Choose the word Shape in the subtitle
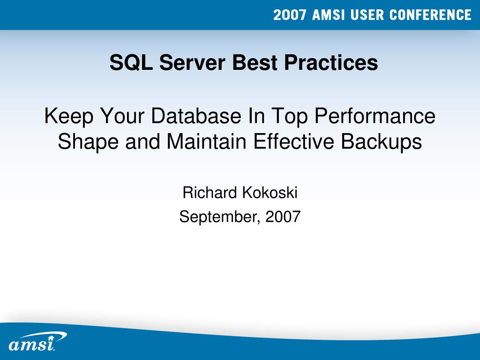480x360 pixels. pos(89,142)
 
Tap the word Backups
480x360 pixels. pos(382,142)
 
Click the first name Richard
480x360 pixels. pos(210,192)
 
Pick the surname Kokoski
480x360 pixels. pos(270,192)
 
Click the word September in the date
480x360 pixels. pos(219,217)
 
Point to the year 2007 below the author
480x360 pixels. pos(282,217)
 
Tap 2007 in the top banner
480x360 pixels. pos(290,15)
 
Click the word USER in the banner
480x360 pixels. pos(367,15)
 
